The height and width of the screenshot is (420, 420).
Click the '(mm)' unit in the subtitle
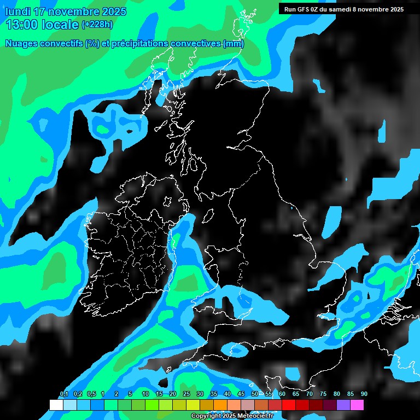(234, 43)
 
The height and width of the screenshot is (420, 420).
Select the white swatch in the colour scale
(56, 405)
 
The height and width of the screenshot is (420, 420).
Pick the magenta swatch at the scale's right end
(357, 405)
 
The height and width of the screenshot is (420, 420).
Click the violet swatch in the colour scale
(343, 405)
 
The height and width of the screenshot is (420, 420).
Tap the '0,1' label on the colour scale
(63, 394)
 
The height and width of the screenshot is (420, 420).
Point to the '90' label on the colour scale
(364, 394)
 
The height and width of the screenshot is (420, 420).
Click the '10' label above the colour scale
(145, 394)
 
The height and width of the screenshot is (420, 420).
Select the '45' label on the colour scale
(241, 394)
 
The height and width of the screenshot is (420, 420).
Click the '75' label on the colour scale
(323, 394)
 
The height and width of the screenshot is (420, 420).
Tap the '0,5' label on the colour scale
(91, 394)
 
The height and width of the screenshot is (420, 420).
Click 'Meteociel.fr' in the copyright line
(255, 416)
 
